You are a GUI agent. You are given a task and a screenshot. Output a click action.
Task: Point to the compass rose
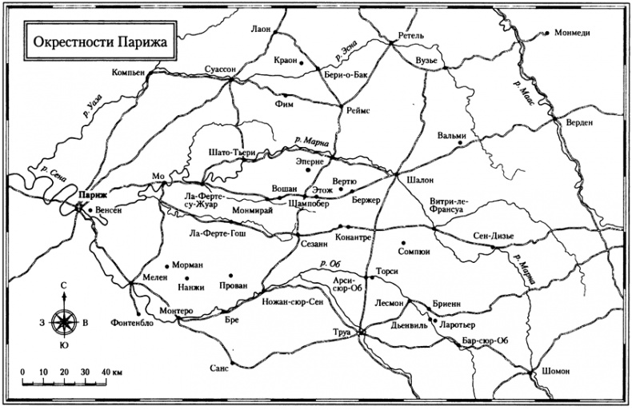[62, 321]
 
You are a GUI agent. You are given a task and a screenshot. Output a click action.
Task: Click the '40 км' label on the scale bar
[113, 373]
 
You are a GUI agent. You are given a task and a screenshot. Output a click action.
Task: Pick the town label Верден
[578, 121]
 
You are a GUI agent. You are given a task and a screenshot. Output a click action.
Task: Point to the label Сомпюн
[414, 251]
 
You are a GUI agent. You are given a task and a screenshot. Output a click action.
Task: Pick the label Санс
[218, 368]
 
